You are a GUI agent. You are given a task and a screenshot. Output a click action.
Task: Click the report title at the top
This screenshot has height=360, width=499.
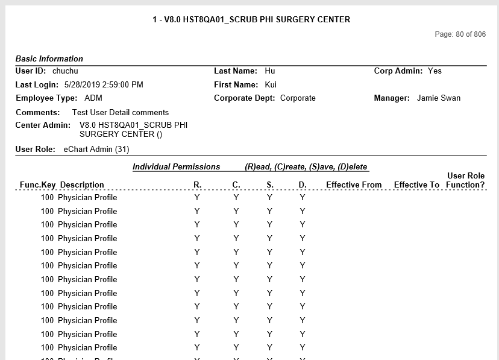(251, 19)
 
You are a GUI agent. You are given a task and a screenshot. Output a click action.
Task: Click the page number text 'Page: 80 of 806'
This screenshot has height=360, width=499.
(460, 34)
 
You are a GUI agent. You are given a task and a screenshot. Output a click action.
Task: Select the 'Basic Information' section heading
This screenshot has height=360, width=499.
(49, 58)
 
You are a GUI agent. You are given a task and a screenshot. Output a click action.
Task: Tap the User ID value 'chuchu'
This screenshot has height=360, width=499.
(65, 71)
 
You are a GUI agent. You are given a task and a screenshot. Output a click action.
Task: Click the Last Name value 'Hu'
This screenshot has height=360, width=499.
(269, 71)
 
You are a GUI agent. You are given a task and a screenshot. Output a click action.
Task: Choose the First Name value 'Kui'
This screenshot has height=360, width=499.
(271, 84)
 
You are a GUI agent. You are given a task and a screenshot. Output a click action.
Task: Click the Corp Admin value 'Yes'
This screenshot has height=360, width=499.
(435, 71)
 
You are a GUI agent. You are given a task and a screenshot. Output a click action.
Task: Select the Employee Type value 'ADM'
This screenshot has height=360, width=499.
(93, 98)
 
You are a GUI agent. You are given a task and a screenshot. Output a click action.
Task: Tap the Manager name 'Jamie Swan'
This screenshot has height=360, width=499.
(438, 98)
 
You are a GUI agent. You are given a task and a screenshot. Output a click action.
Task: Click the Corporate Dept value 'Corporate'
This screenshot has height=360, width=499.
(298, 98)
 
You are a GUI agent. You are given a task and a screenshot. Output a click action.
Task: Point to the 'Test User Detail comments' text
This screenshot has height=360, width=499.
(120, 112)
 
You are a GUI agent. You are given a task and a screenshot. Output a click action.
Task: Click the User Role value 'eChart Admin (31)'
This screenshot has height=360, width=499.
(96, 149)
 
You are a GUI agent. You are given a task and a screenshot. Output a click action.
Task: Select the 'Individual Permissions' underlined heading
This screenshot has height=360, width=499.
(176, 166)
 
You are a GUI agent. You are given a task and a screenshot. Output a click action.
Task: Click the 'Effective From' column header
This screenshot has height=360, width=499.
(354, 185)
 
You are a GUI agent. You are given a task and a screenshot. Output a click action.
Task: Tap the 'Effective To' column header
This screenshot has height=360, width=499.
(416, 185)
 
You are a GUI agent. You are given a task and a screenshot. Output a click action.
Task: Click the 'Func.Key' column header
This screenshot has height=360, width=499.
(37, 185)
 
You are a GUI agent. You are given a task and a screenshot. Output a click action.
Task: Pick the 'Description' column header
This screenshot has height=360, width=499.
(82, 185)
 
